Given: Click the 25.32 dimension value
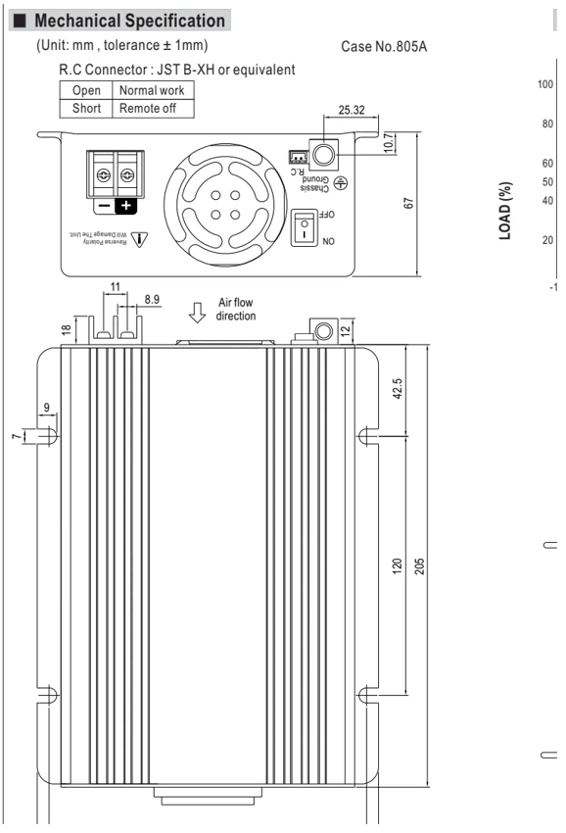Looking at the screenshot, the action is tap(352, 110).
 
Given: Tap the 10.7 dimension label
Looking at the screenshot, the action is tap(389, 142).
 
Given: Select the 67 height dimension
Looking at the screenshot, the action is tap(408, 204).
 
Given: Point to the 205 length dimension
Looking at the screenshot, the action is tap(419, 565).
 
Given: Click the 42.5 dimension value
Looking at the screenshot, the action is tap(398, 388).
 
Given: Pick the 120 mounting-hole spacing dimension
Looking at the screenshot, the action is tap(398, 565).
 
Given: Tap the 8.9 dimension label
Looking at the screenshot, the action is tap(152, 299).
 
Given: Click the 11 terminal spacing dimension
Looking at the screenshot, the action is tap(116, 287).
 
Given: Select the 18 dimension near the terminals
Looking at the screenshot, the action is tap(66, 329).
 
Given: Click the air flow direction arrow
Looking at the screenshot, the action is tap(198, 313).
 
